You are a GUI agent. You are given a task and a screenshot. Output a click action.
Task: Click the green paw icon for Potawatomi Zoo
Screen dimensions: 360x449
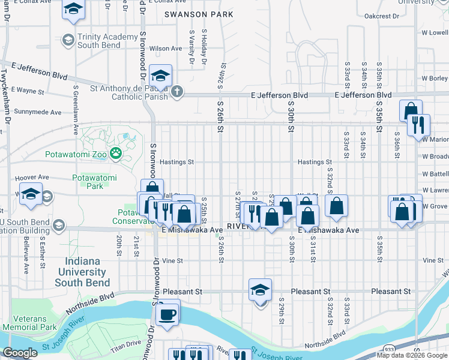[115, 154]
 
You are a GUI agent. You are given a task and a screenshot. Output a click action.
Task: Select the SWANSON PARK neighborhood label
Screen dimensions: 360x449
[191, 14]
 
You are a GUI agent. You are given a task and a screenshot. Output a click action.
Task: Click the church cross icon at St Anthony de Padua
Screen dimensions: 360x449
[176, 92]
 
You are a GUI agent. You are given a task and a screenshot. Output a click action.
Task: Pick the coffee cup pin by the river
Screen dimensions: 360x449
[167, 313]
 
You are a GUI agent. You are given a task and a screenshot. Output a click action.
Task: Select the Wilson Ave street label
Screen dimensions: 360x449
[166, 49]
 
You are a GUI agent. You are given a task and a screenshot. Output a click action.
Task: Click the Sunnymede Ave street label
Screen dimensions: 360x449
[38, 112]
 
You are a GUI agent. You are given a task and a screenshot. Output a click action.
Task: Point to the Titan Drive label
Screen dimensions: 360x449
[125, 343]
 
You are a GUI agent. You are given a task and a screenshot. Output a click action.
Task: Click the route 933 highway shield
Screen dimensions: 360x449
[389, 348]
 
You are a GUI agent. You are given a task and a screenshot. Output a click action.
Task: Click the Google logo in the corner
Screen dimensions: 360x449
[20, 353]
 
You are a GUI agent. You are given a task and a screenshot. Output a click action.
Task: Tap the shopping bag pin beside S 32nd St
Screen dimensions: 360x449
[337, 206]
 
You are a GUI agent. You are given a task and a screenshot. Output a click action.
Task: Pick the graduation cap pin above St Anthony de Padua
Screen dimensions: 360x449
[160, 76]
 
